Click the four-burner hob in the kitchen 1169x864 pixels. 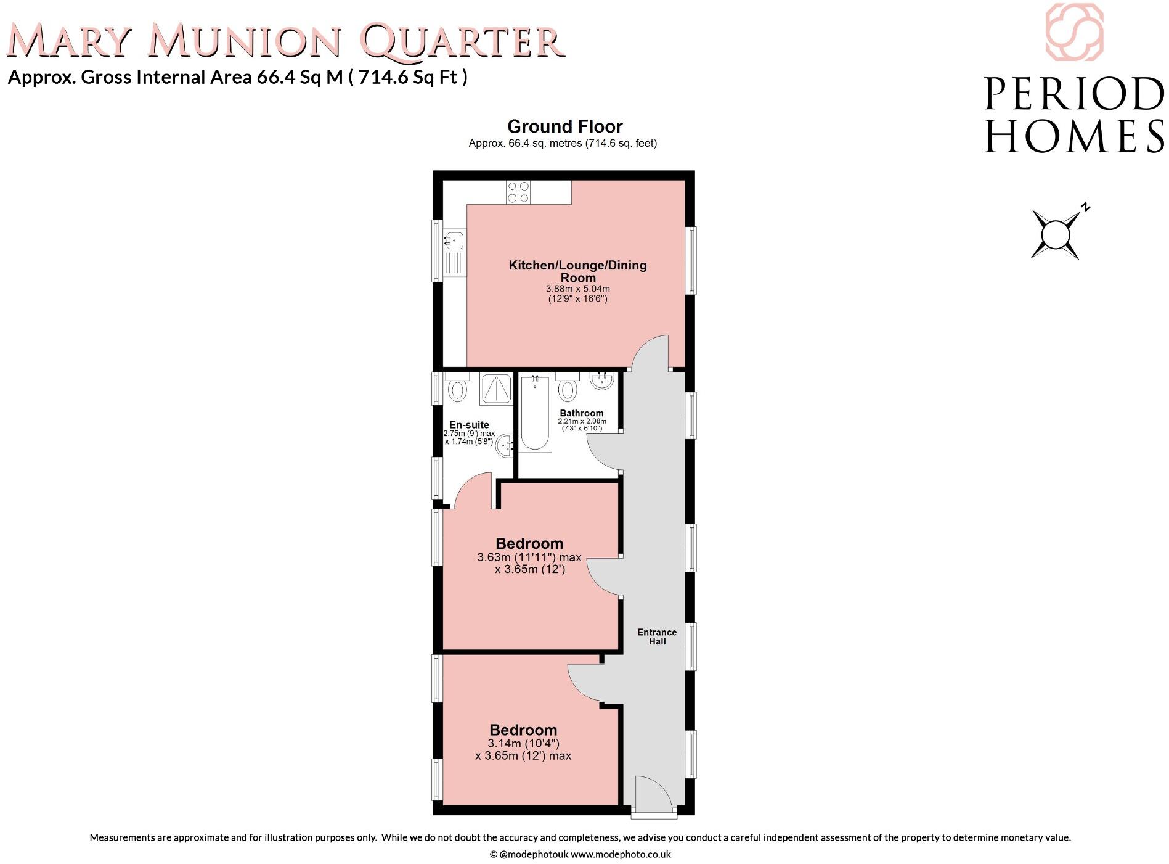coord(518,192)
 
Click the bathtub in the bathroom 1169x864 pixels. coord(534,413)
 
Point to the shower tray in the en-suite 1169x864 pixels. coord(496,389)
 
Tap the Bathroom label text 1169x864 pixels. coord(581,413)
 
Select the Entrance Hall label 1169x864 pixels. coord(657,636)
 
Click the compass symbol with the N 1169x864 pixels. coord(1056,234)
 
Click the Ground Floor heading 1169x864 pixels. coord(564,126)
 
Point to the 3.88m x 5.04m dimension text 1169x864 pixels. coord(577,289)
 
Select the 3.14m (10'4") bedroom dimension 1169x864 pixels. coord(523,743)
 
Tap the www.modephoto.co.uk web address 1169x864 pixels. coord(620,854)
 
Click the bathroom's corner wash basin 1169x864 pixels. coord(602,381)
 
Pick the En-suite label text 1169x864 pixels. coord(469,425)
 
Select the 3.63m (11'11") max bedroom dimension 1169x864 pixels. coord(529,557)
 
